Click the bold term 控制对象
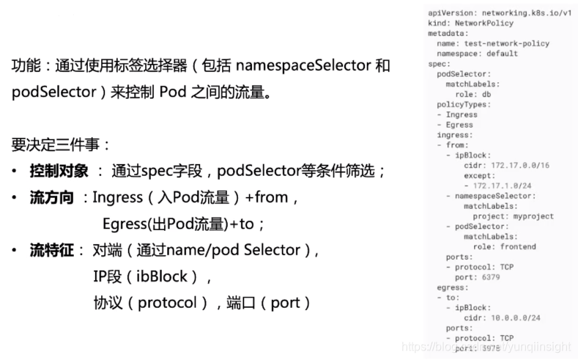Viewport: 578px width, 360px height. pos(56,172)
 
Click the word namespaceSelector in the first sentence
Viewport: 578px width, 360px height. pos(303,66)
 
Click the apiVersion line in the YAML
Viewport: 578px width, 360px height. pos(500,13)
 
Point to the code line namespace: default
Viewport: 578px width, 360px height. pos(477,54)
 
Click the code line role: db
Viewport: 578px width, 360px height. pos(474,95)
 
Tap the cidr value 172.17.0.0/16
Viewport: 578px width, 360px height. pos(520,166)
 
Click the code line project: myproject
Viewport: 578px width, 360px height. pos(514,216)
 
